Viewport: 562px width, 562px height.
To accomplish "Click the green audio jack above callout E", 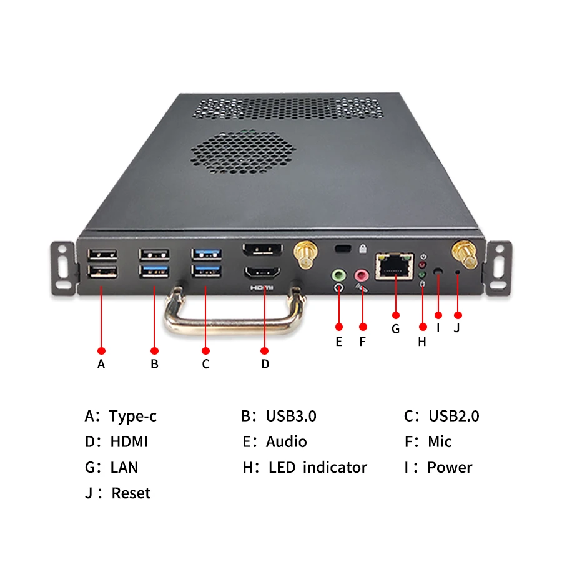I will [x=338, y=274].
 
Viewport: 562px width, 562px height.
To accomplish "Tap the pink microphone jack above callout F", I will [x=362, y=274].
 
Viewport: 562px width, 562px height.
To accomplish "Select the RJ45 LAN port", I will [x=394, y=265].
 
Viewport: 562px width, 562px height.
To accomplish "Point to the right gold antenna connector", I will [x=465, y=254].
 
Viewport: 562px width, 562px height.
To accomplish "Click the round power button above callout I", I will [x=438, y=272].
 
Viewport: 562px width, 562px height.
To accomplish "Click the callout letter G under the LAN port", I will [x=395, y=328].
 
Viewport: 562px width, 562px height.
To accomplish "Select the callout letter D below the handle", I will [x=265, y=364].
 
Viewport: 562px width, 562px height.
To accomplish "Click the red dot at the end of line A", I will [x=101, y=351].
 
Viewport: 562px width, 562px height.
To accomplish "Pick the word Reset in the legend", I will [x=131, y=493].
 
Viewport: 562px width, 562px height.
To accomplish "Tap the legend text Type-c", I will [x=132, y=416].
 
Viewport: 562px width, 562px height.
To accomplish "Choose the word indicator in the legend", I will [x=335, y=467].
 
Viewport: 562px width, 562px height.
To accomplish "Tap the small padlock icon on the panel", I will [x=362, y=249].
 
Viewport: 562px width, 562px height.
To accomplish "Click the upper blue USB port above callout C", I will [x=207, y=254].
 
